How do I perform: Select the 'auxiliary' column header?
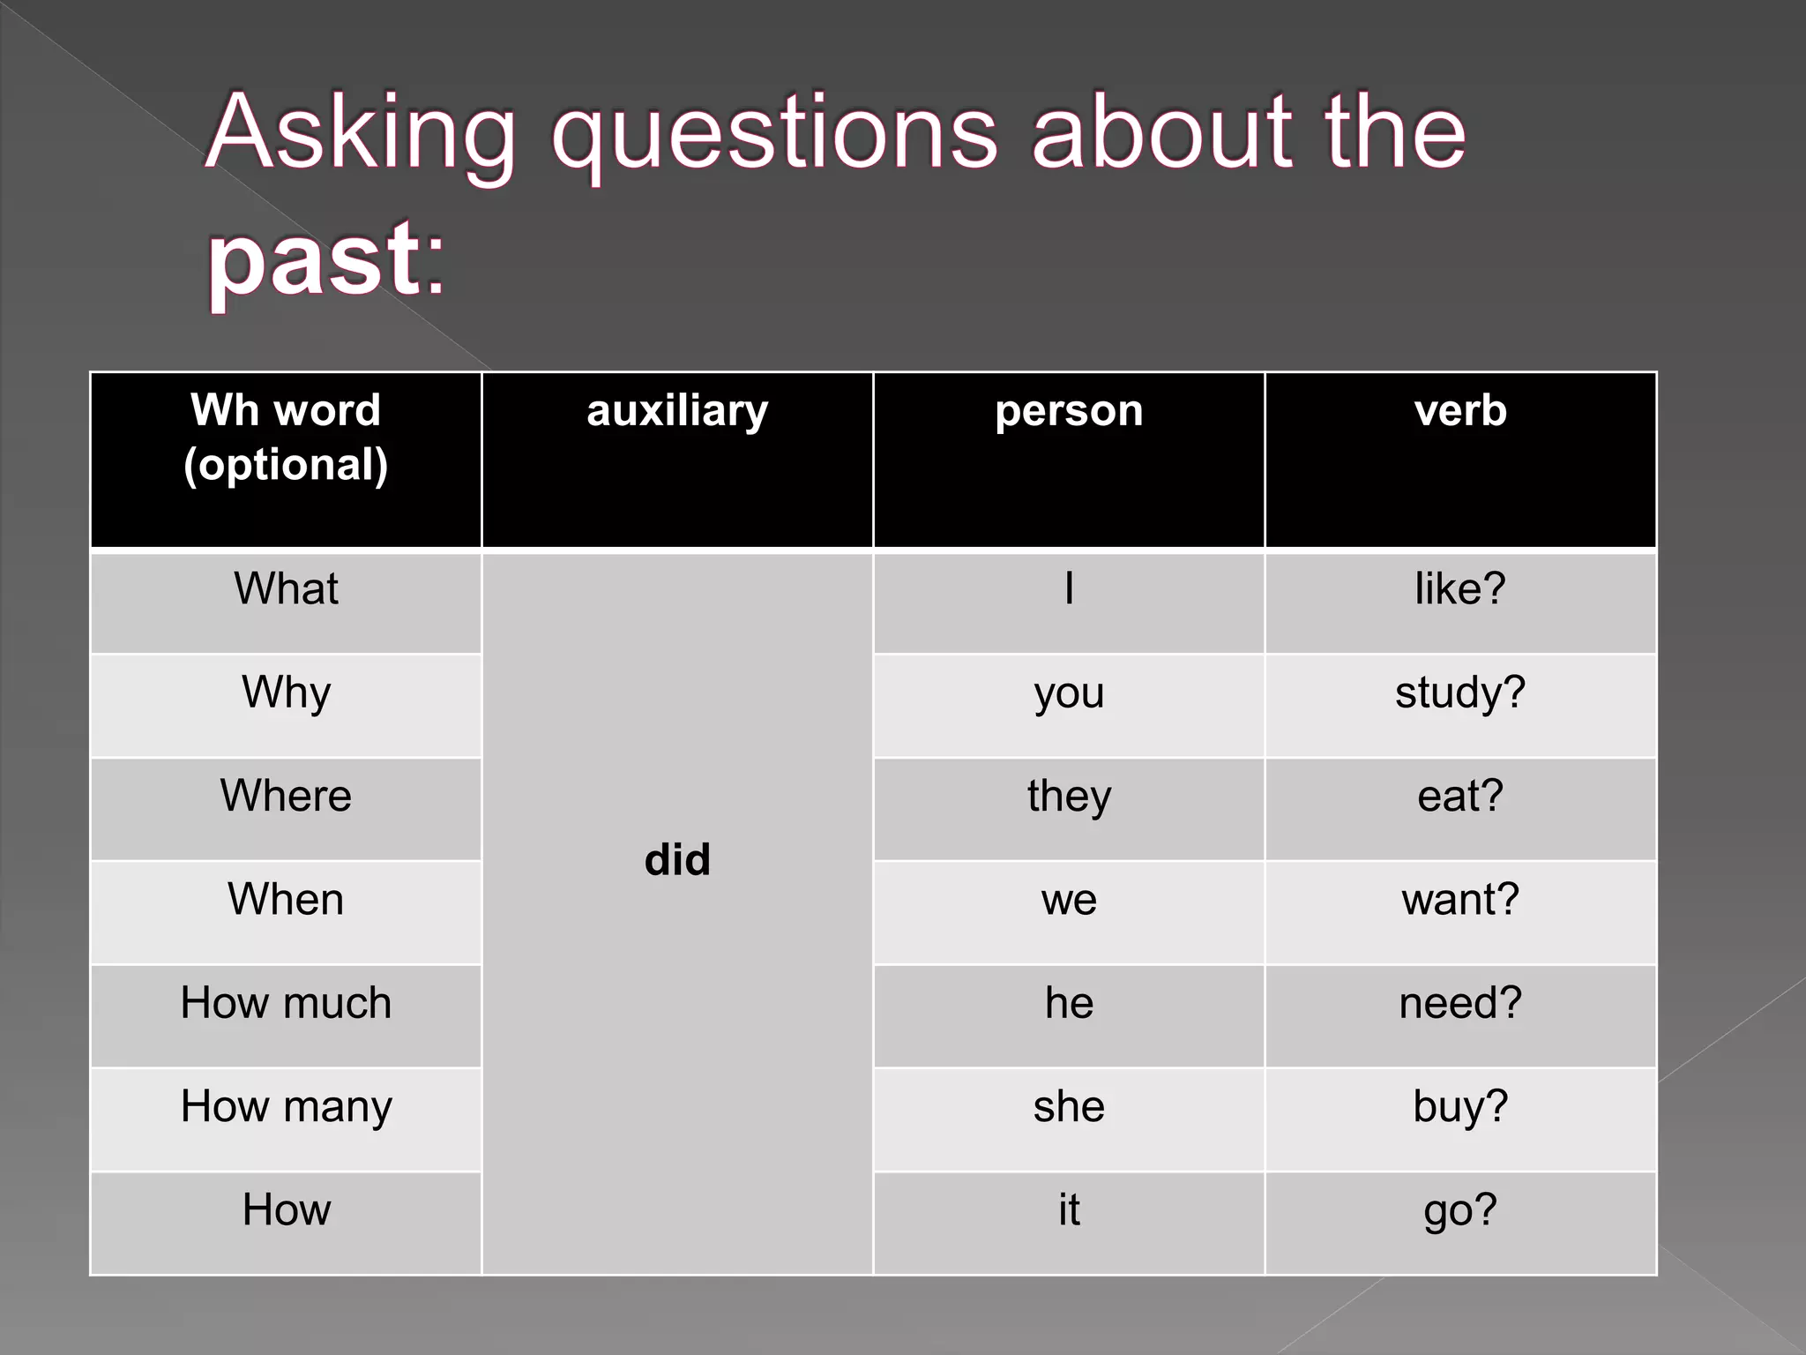point(677,411)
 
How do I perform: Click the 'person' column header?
point(1069,411)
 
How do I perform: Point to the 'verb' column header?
point(1460,411)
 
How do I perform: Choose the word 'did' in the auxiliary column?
point(677,859)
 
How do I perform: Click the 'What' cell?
point(286,588)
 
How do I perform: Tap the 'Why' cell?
point(286,692)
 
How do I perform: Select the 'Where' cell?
point(286,796)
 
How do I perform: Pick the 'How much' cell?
point(286,1003)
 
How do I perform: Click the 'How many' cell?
point(286,1106)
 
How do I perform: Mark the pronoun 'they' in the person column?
point(1069,796)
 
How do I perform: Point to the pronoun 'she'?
point(1069,1106)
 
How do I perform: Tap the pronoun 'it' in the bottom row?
point(1069,1209)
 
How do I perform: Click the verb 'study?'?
point(1460,692)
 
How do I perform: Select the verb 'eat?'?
point(1460,796)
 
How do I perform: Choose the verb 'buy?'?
point(1460,1106)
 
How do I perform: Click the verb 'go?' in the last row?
point(1460,1209)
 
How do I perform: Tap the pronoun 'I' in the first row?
point(1069,588)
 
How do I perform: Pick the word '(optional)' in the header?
point(286,465)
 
